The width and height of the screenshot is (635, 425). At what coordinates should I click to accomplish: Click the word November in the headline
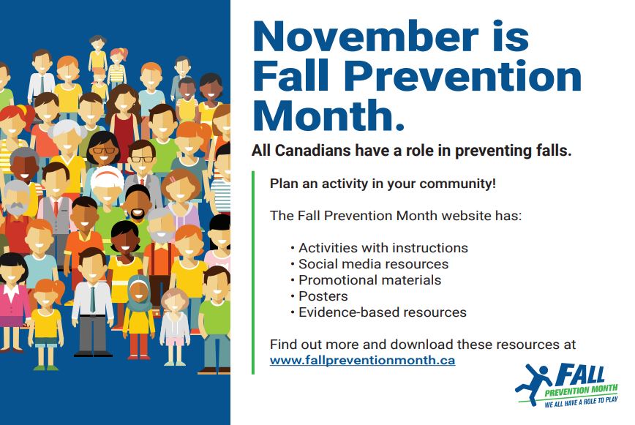(x=366, y=36)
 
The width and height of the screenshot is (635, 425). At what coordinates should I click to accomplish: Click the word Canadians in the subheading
(x=312, y=151)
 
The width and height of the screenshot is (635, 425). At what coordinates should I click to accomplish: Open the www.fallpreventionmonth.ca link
(x=362, y=360)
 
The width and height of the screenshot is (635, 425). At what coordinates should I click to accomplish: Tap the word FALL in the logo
(x=579, y=375)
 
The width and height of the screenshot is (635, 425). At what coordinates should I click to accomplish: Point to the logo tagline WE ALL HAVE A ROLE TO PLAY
(x=581, y=402)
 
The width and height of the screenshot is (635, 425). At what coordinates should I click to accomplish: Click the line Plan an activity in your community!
(x=383, y=184)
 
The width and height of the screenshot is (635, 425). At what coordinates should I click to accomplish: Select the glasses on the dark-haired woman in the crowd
(x=104, y=150)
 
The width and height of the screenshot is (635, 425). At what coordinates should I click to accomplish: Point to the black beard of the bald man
(x=138, y=214)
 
